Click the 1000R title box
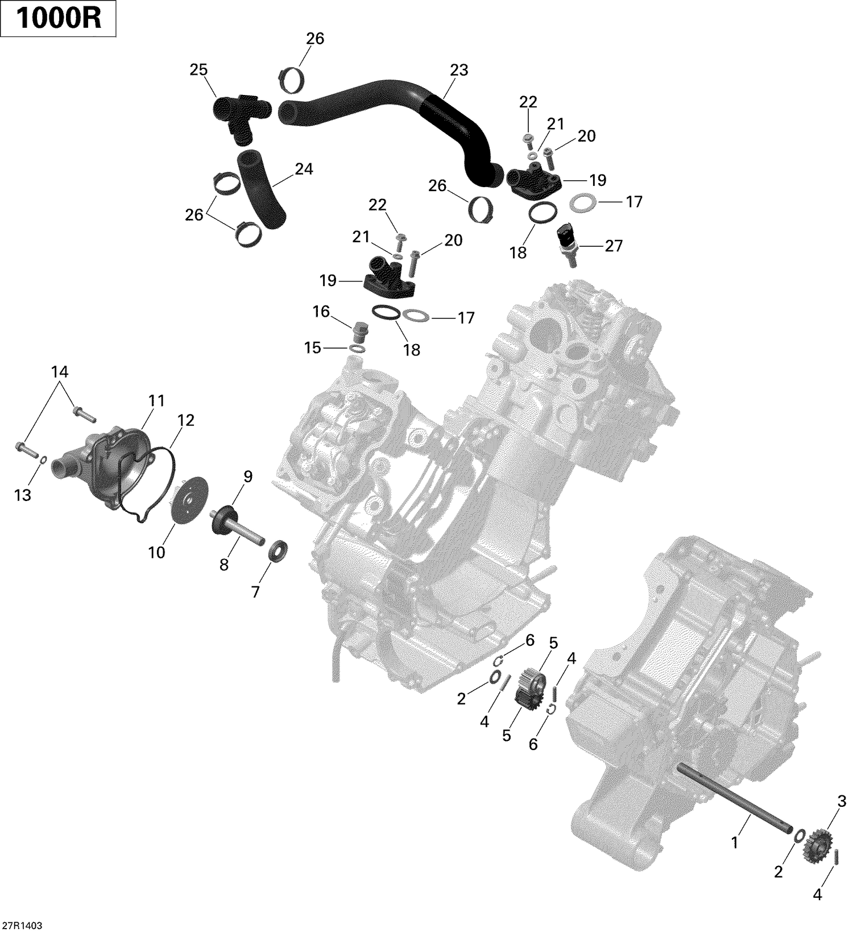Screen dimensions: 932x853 (59, 19)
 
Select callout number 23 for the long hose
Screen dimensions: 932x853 (458, 70)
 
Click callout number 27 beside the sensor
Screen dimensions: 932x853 (614, 246)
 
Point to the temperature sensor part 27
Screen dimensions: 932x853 (567, 243)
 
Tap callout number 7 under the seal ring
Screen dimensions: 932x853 (255, 592)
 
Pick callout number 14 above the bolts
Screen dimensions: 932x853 (60, 372)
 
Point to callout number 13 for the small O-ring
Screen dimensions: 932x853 (23, 495)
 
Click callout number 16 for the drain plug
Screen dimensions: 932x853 (321, 312)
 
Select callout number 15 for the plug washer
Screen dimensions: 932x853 (312, 347)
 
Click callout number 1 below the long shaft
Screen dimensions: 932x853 (734, 842)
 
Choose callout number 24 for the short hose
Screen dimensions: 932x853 (304, 169)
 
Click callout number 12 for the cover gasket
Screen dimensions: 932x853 (186, 420)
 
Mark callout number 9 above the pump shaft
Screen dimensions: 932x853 (248, 477)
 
